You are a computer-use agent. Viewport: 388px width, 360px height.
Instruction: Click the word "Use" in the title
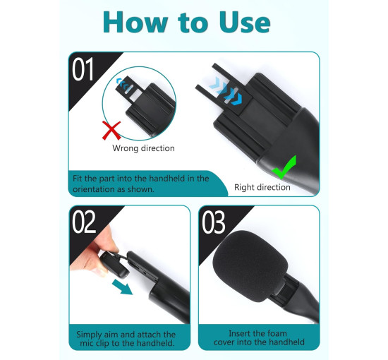coord(244,23)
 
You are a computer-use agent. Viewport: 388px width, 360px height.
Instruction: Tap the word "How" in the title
coord(135,23)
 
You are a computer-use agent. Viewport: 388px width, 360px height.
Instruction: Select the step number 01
coord(83,69)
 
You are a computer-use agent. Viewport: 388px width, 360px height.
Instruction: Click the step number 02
coord(84,222)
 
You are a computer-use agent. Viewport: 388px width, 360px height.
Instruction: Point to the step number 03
coord(214,222)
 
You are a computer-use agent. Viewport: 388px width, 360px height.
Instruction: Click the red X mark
coord(111,131)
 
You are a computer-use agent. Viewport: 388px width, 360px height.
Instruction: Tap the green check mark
coord(284,167)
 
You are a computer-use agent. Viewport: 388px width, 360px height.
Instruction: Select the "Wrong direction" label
coord(143,148)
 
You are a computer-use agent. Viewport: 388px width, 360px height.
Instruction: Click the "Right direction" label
coord(262,187)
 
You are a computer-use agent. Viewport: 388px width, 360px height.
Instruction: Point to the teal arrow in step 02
coord(122,287)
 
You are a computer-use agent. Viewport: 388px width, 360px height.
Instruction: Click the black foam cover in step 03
coord(250,266)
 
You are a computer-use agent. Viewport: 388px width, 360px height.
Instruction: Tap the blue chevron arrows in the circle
coord(124,85)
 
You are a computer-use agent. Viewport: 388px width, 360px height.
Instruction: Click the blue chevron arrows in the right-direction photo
coord(226,91)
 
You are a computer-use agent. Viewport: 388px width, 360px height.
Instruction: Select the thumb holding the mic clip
coord(107,238)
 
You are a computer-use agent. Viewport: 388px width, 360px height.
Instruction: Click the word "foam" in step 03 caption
coord(275,333)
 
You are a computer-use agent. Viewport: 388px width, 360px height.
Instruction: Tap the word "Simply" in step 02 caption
coord(89,335)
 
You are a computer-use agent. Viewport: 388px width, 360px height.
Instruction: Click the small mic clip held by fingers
coord(114,264)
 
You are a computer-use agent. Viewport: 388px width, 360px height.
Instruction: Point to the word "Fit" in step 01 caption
coord(78,179)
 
